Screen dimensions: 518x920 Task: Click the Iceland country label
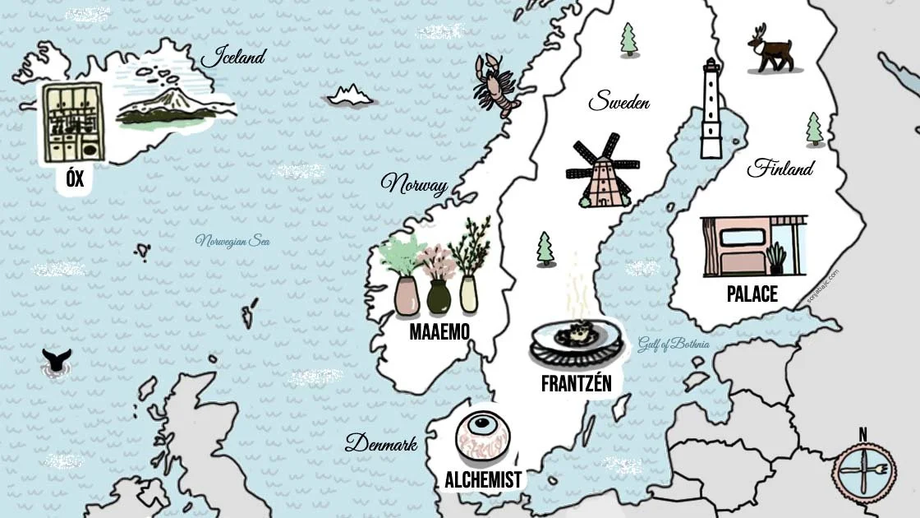(x=234, y=58)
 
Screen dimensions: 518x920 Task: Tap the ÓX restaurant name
(x=75, y=178)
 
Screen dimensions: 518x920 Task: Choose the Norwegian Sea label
(x=232, y=242)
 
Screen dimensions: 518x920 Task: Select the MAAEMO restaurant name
(x=439, y=332)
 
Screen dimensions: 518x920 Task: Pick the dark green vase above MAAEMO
(x=439, y=296)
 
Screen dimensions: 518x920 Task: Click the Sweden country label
(x=619, y=103)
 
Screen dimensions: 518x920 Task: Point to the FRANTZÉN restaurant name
(x=577, y=382)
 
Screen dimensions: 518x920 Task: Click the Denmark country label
(x=381, y=445)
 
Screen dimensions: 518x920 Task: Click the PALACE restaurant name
(x=752, y=294)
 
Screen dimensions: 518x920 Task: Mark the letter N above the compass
(x=862, y=434)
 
